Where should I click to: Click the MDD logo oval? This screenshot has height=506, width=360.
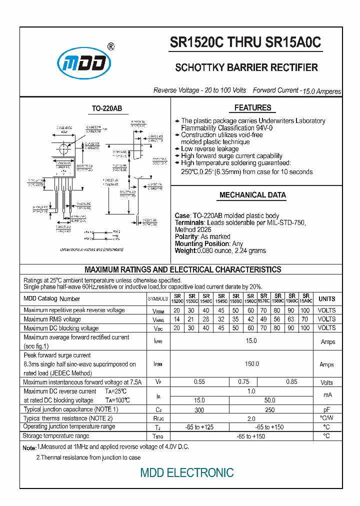pos(83,63)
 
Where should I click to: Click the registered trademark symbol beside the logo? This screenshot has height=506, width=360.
pos(110,46)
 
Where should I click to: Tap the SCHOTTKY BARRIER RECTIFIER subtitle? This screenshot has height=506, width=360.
pos(246,67)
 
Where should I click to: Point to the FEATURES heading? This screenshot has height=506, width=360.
pos(252,107)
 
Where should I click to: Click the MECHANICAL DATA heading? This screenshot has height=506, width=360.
pos(252,195)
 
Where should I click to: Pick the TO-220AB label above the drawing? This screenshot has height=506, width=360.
pos(106,108)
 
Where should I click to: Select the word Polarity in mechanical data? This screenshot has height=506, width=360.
pos(186,236)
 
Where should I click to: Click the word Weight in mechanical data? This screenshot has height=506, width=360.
pos(185,250)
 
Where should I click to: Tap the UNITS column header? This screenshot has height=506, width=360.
pos(326,298)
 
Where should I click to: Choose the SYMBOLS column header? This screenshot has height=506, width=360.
pos(158,299)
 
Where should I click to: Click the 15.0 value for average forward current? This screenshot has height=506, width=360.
pos(251,341)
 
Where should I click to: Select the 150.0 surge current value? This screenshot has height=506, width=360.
pos(251,364)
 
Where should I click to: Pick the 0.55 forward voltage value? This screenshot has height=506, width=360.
pos(199,382)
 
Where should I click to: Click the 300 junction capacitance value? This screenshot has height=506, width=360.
pos(199,409)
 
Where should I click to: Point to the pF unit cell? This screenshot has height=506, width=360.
pos(326,409)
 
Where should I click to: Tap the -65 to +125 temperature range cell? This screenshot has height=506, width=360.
pos(199,427)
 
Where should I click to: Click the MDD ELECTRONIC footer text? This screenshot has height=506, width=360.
pos(186,472)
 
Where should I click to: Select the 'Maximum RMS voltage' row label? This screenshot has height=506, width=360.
pos(52,319)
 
